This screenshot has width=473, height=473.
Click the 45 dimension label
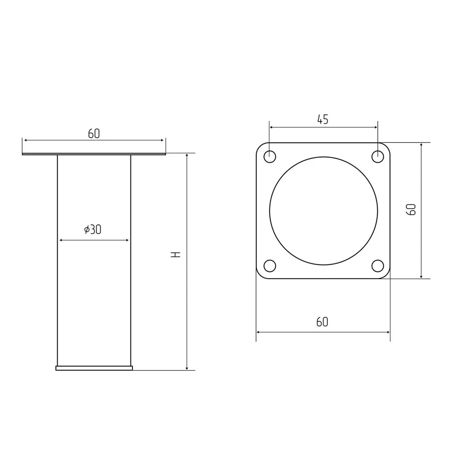pyautogui.click(x=323, y=120)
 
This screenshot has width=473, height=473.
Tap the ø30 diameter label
pyautogui.click(x=93, y=229)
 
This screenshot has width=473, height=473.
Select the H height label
pyautogui.click(x=175, y=254)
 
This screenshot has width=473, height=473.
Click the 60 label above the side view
pyautogui.click(x=94, y=134)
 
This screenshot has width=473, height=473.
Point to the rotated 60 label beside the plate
pyautogui.click(x=411, y=210)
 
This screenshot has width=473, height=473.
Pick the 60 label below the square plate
pyautogui.click(x=322, y=322)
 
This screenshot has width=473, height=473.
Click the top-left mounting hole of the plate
pyautogui.click(x=270, y=157)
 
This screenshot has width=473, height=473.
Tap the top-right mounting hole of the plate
pyautogui.click(x=377, y=157)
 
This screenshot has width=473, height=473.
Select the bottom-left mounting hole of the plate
pyautogui.click(x=270, y=266)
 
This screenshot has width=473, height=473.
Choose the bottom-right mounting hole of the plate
pyautogui.click(x=377, y=266)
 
